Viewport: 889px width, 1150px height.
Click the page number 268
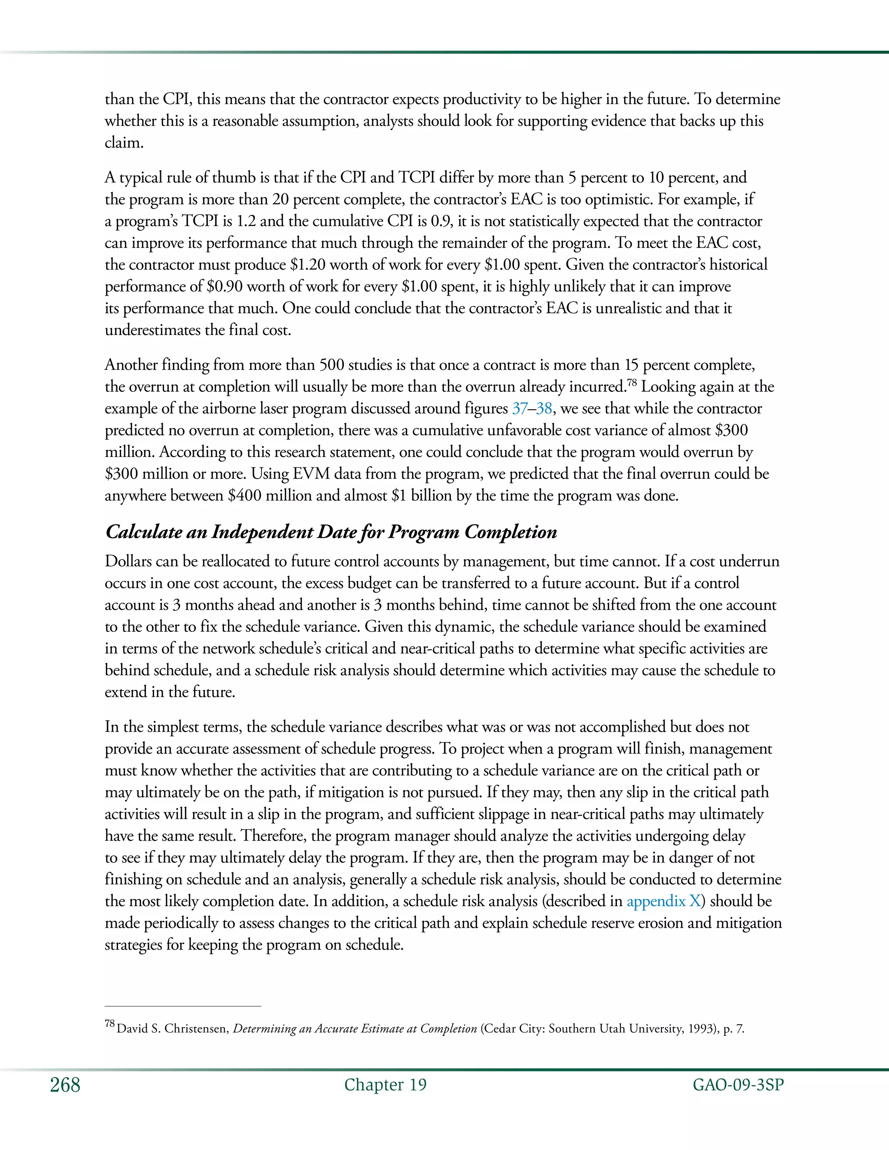point(65,1086)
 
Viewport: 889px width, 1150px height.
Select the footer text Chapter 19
point(385,1085)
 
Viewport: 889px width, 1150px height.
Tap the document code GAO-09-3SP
point(738,1085)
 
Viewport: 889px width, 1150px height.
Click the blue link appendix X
point(664,901)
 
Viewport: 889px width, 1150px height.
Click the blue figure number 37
point(519,409)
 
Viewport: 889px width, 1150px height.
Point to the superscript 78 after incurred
point(632,382)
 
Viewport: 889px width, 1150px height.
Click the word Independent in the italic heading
point(262,532)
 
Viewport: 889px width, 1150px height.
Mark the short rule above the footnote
point(183,1006)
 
